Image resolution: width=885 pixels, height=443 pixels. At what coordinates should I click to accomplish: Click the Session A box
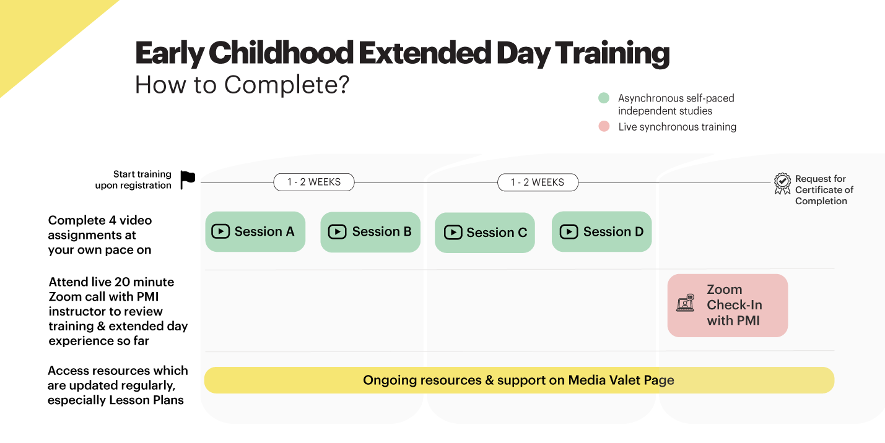pos(255,231)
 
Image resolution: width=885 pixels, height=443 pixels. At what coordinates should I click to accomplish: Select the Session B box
pos(370,232)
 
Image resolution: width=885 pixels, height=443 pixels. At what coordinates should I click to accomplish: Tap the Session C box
pos(485,233)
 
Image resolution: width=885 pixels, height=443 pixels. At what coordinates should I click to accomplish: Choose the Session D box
pos(602,231)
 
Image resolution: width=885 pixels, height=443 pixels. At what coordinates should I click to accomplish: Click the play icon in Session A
pos(220,231)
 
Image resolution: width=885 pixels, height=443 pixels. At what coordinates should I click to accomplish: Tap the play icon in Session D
pos(569,231)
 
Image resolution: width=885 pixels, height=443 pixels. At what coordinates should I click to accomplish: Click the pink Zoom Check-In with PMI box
pos(728,305)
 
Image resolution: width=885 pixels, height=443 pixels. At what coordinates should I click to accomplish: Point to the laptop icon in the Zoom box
pos(685,303)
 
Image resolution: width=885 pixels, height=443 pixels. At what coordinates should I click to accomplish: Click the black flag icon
pos(188,179)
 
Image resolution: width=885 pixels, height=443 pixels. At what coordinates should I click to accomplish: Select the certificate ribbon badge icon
pos(782,183)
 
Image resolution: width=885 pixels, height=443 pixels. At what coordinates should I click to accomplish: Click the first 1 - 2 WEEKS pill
pos(314,182)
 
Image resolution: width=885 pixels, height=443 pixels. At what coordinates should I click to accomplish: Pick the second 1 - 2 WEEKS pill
pos(538,182)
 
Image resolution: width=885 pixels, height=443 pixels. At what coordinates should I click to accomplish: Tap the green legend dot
pos(604,98)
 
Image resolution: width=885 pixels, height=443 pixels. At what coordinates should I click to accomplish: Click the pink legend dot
pos(604,126)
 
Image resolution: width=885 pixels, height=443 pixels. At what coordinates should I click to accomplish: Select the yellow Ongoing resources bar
pos(519,380)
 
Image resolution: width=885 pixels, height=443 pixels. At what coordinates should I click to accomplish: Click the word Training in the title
pos(612,53)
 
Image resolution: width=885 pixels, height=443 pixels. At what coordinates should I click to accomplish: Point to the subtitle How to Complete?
pos(242,85)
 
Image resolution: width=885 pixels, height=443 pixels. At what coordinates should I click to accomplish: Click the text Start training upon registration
pos(133,179)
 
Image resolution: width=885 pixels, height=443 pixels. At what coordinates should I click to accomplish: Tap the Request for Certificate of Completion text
pos(824,190)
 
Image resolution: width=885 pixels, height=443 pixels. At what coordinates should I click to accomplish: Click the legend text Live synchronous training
pos(677,127)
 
